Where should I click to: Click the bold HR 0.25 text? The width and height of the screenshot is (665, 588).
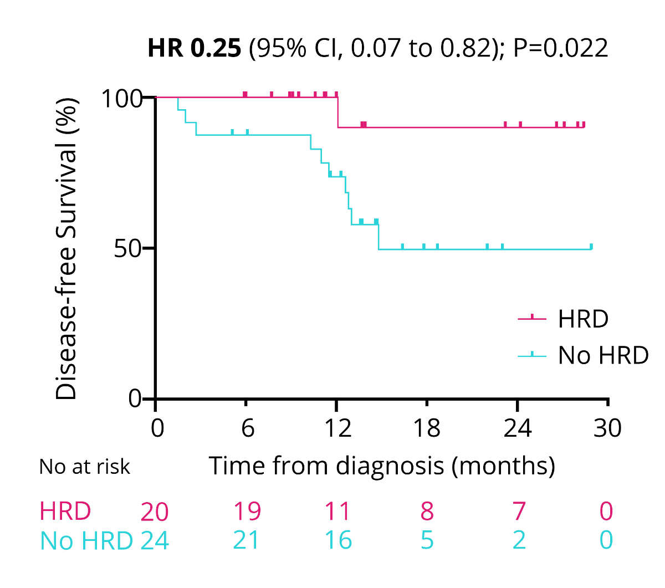click(x=194, y=48)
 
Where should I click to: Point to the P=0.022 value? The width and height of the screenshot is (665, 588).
click(x=560, y=48)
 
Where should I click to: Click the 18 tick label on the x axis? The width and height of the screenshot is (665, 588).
click(x=427, y=428)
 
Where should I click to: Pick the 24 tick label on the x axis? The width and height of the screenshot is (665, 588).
click(x=517, y=428)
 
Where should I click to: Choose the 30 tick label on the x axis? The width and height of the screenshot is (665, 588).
click(x=607, y=428)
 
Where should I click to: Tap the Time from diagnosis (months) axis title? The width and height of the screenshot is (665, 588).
click(x=382, y=466)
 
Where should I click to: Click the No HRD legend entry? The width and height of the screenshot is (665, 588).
click(x=603, y=355)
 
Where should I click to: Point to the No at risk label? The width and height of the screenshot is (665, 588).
click(x=84, y=467)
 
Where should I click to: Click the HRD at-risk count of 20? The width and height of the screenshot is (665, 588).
click(x=154, y=512)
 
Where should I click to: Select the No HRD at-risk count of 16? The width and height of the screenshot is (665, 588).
click(x=337, y=540)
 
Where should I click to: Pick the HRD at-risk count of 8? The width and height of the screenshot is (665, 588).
click(x=427, y=512)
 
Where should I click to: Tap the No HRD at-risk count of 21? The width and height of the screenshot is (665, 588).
click(x=246, y=540)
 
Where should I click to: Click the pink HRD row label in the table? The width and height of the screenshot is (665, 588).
click(x=65, y=511)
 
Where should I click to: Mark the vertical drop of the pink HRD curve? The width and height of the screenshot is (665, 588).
click(x=337, y=113)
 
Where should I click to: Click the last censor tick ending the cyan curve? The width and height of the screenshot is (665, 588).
click(x=591, y=247)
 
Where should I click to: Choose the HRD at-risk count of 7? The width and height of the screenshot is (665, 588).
click(x=518, y=512)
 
